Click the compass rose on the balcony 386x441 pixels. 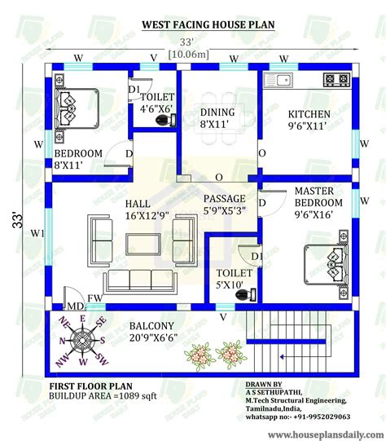point(82,342)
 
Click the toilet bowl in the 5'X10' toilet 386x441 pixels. point(243,298)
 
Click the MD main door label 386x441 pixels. point(75,306)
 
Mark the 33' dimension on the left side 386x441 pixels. point(18,220)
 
